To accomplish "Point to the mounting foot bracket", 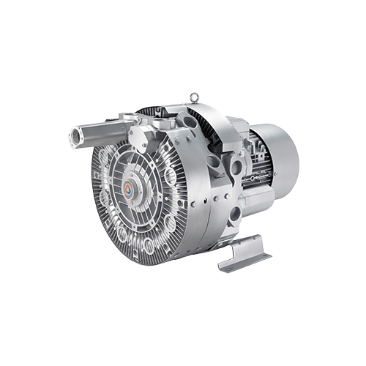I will coord(244,253).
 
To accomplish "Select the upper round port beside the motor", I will coord(236,167).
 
